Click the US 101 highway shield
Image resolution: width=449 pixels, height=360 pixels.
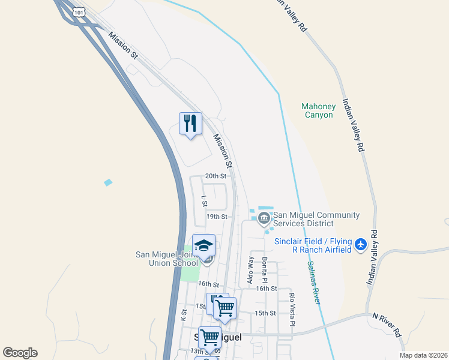[x=79, y=11]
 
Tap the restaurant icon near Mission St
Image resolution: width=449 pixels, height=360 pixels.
[x=191, y=124]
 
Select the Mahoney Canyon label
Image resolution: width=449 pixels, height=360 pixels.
[x=318, y=110]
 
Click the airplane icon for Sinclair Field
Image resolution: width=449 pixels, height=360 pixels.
[x=361, y=245]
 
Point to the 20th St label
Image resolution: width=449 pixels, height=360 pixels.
[x=215, y=176]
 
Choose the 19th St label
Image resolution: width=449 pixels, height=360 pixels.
[x=217, y=216]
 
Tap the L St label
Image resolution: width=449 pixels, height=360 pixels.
[x=204, y=199]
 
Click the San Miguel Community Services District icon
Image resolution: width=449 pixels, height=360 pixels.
[x=264, y=219]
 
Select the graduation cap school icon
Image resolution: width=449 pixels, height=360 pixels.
[x=204, y=245]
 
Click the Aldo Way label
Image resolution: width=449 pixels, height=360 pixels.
[x=250, y=271]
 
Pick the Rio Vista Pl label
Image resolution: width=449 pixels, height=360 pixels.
[x=293, y=309]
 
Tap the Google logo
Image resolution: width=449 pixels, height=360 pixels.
[x=20, y=353]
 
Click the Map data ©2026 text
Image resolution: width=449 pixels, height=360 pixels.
[x=423, y=355]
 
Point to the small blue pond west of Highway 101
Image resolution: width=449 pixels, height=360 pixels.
[x=108, y=182]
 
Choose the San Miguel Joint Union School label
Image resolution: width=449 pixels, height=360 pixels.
[x=167, y=259]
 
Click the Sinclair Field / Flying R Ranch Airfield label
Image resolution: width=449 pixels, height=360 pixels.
[x=313, y=245]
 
